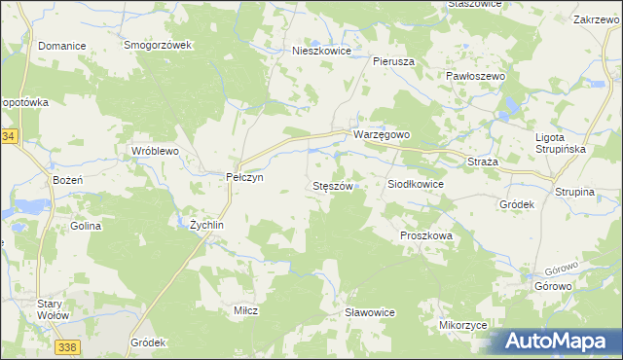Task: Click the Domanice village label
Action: [62, 46]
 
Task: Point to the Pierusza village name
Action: [394, 60]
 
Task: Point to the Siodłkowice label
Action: [416, 184]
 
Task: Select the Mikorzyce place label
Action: [462, 325]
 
